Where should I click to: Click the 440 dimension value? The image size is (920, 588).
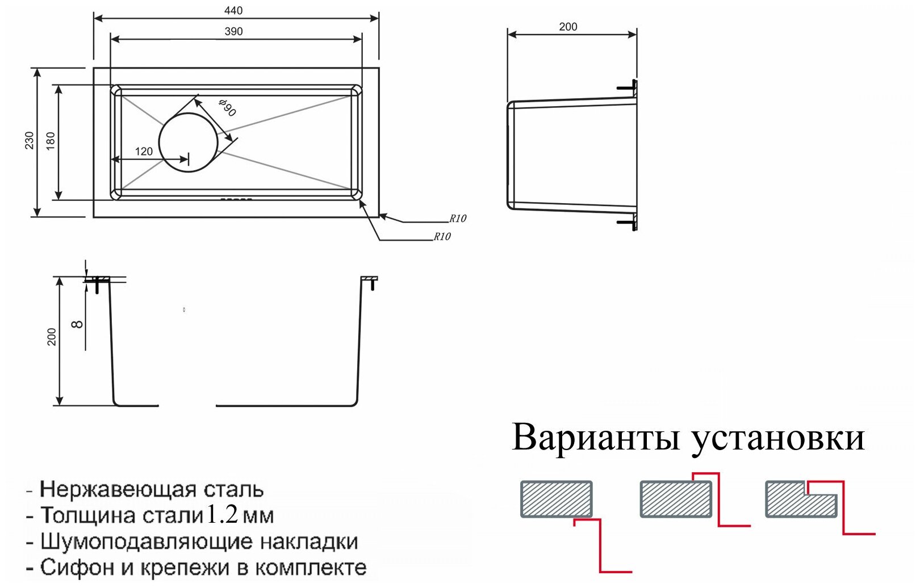click(x=233, y=10)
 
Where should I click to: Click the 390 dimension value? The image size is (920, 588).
click(x=233, y=31)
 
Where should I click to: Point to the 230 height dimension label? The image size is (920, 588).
click(x=29, y=140)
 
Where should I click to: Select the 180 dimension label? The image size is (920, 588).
click(x=51, y=140)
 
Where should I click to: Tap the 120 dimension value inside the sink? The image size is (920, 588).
click(x=144, y=151)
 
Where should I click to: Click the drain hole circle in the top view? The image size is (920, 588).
click(x=188, y=142)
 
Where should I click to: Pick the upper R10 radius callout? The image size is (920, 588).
click(x=458, y=219)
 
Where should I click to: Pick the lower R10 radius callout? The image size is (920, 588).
click(x=442, y=237)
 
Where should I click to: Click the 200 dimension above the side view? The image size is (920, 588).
click(x=568, y=27)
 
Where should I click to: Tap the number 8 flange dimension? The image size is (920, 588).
click(x=78, y=324)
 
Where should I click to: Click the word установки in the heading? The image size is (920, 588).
click(x=777, y=438)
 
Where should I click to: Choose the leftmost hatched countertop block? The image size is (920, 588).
click(x=557, y=499)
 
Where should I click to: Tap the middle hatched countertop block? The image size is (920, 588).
click(x=676, y=499)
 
